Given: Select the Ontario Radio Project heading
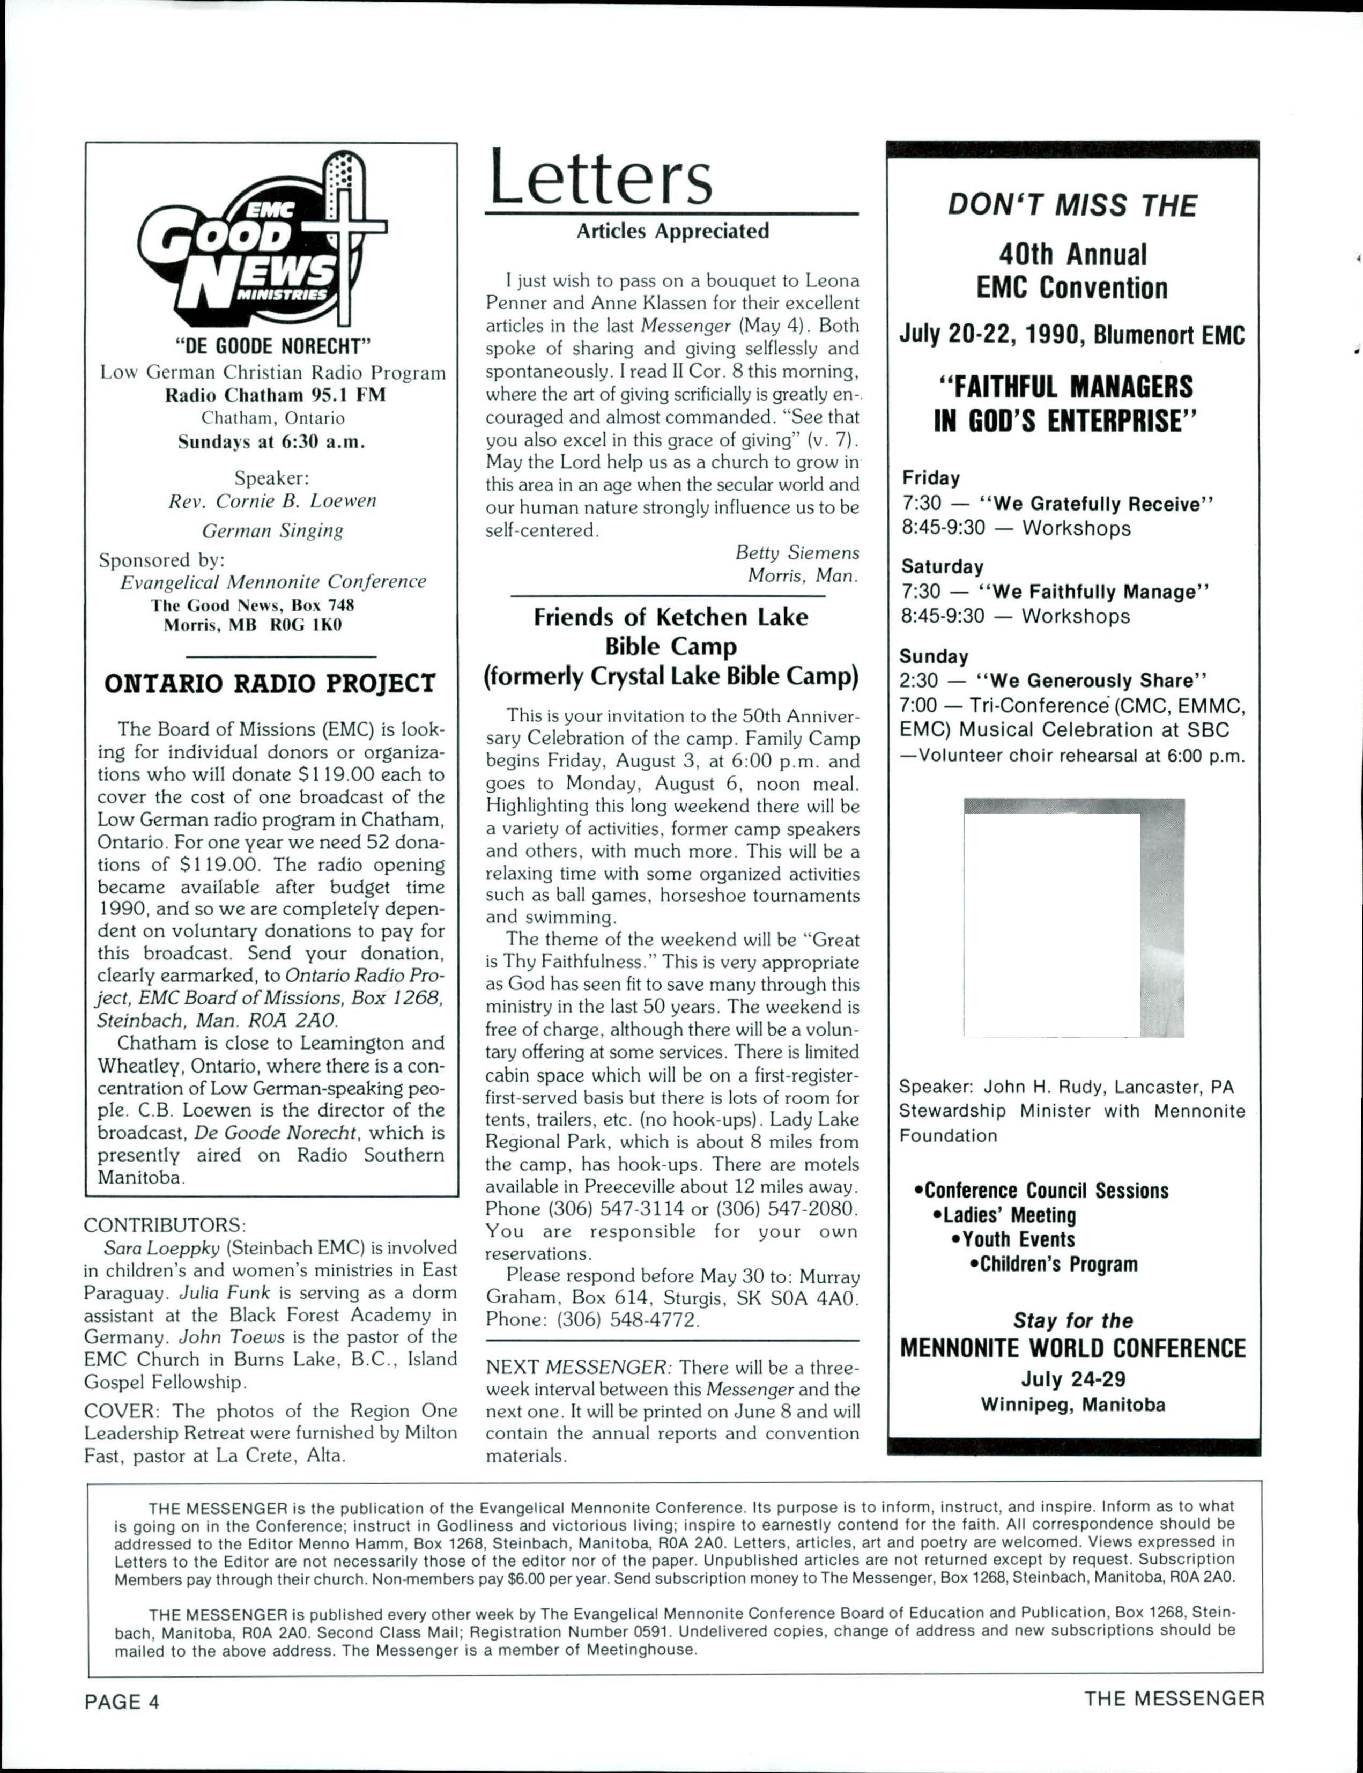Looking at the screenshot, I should coord(270,683).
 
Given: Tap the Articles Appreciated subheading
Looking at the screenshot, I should coord(672,231).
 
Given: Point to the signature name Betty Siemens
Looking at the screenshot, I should coord(797,552).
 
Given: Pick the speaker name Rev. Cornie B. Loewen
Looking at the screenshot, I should coord(272,501).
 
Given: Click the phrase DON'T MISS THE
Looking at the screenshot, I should coord(1072,206).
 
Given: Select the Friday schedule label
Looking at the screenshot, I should coord(931,478).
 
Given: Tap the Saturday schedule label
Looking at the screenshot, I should coord(942,566).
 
